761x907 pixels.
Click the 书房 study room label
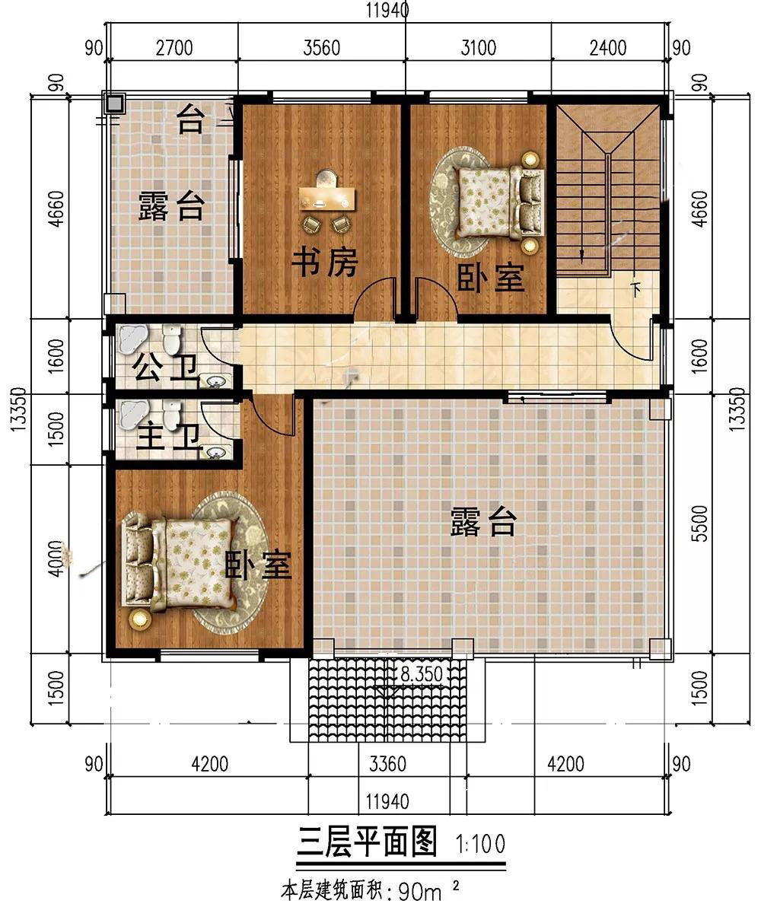(x=324, y=263)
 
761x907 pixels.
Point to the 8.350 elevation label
(x=422, y=674)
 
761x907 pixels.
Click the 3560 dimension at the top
(x=321, y=47)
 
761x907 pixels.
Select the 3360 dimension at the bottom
(x=387, y=763)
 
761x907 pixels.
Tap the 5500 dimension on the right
(x=699, y=523)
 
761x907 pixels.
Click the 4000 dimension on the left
(x=56, y=559)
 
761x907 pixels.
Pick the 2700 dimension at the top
(x=174, y=47)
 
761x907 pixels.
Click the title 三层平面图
(x=367, y=842)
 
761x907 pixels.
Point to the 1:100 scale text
(x=480, y=844)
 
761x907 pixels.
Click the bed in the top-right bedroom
(x=499, y=202)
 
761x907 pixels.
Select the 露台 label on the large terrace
(x=482, y=522)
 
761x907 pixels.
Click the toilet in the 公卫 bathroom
(x=172, y=340)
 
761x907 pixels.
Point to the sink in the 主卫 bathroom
(x=215, y=452)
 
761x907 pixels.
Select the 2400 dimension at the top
(x=607, y=47)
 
